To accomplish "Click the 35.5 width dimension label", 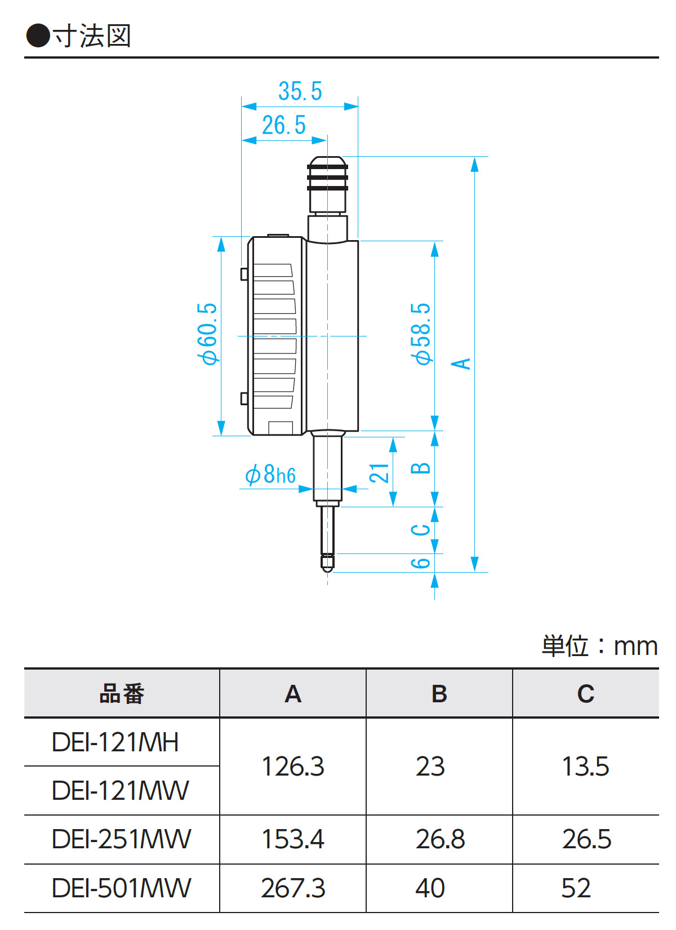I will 300,91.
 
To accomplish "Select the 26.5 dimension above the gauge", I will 284,125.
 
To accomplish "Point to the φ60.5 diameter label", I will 207,334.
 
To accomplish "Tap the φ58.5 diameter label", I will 421,334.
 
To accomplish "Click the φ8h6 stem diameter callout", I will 270,475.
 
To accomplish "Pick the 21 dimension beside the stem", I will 379,473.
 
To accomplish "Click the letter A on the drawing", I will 461,364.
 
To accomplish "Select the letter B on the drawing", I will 421,468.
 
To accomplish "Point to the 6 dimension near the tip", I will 421,563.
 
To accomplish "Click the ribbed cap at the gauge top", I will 327,176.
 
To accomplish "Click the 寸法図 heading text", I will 92,36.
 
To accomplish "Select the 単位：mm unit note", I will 599,646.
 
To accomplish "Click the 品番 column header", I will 122,694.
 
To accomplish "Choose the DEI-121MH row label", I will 115,742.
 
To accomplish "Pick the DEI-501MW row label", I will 122,888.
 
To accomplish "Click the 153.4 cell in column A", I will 293,839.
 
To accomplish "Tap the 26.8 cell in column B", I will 440,839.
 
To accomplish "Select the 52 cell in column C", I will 576,888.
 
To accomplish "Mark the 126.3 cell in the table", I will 293,767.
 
